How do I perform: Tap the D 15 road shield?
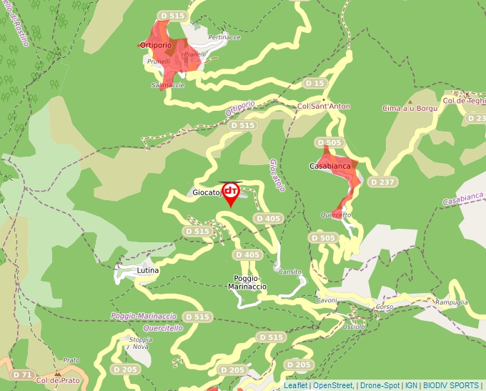coord(314,84)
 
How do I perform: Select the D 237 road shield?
coord(382,182)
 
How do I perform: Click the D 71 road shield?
coord(23,375)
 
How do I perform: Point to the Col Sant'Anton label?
coord(324,107)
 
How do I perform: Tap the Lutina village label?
coord(148,272)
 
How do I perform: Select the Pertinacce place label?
coord(224,37)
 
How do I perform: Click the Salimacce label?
coord(168,85)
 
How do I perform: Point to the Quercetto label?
coord(336,214)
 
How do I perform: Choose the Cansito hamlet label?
coord(290,272)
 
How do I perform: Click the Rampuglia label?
coord(451,302)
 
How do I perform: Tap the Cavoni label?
coord(326,301)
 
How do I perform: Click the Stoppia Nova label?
coord(140,342)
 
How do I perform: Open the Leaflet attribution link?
coord(295,385)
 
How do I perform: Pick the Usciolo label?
coord(353,327)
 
